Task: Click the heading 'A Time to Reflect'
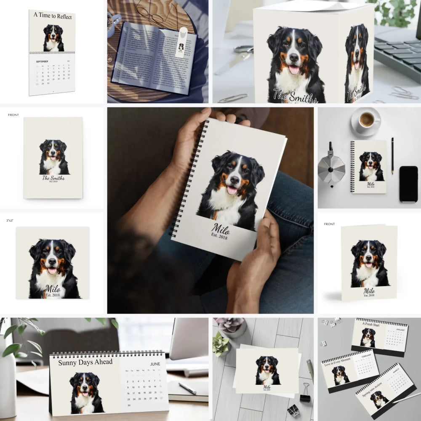point(53,16)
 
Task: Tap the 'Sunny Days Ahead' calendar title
point(85,362)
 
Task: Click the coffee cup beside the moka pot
point(366,120)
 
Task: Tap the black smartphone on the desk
point(408,184)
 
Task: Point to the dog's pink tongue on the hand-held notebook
point(232,190)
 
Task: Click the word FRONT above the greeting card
point(329,224)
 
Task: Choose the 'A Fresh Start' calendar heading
point(370,323)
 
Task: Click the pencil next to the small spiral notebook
point(392,156)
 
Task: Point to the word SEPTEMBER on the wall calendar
point(42,61)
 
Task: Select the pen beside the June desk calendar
point(187,388)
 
